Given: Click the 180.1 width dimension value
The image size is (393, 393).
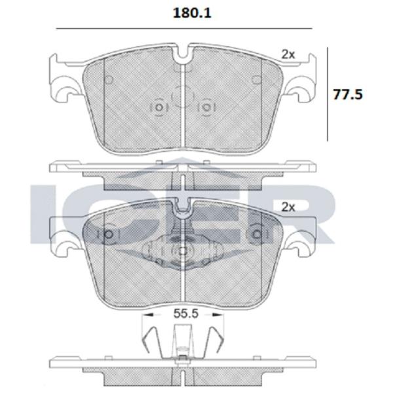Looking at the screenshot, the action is click(192, 13).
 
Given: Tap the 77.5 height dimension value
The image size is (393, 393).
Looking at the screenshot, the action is click(348, 95).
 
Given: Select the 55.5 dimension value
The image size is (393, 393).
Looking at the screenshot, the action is click(186, 314).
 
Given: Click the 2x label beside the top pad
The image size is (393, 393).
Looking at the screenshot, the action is click(288, 54).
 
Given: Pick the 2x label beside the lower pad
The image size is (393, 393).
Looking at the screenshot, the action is click(288, 207).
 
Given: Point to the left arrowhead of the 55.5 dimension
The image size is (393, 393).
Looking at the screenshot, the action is click(148, 314).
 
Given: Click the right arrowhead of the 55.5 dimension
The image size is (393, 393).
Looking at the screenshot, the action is click(218, 314).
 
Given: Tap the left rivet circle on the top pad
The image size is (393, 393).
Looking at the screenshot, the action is click(159, 108).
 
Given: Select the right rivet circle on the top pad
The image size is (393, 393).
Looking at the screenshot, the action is click(206, 108).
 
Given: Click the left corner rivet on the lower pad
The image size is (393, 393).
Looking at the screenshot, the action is click(109, 234).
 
